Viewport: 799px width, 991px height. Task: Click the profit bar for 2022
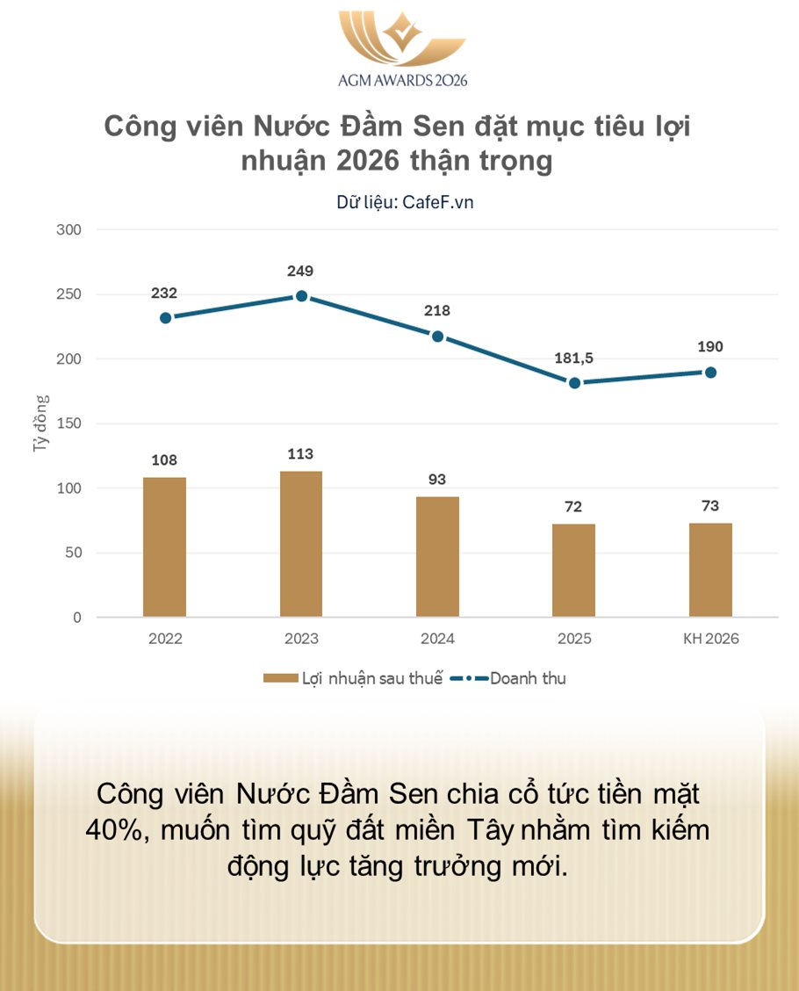pos(164,546)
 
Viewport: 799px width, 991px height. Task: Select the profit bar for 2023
pos(301,544)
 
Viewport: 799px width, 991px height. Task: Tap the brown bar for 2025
pos(573,570)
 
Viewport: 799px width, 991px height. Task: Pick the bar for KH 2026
pos(710,569)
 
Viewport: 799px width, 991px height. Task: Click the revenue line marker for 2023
pos(301,296)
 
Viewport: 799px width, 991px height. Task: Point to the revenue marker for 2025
pos(574,383)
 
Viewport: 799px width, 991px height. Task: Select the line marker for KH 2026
pos(710,373)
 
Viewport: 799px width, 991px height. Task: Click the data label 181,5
pos(574,358)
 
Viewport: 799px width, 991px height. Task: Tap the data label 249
pos(300,271)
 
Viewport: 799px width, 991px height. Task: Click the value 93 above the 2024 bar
pos(437,480)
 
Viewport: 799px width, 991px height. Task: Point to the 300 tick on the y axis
pos(69,230)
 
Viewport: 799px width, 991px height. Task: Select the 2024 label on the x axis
pos(437,639)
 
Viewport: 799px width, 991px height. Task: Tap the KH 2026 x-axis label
pos(711,639)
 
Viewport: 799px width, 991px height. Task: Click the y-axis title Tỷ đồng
pos(41,423)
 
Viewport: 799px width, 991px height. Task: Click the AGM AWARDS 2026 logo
pos(402,48)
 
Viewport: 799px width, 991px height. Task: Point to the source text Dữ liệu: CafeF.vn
pos(405,201)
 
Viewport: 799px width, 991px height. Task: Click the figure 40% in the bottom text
pos(118,830)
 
